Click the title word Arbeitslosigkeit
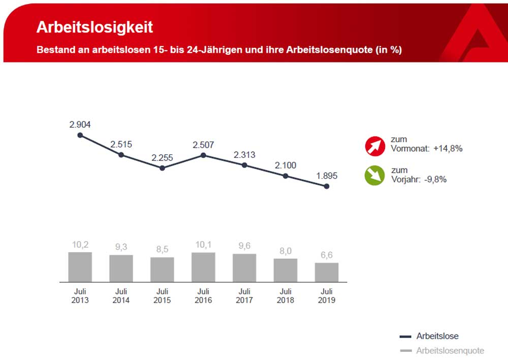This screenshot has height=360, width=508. click(95, 27)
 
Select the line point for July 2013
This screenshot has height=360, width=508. click(80, 135)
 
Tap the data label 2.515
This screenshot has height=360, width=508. click(121, 144)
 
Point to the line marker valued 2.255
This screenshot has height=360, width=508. click(162, 168)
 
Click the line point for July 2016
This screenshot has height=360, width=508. click(203, 155)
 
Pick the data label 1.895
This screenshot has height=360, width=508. click(326, 176)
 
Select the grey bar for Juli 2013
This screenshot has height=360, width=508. click(80, 267)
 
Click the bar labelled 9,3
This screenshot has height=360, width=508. click(121, 268)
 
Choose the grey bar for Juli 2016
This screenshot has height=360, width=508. click(203, 267)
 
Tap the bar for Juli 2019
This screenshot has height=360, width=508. click(326, 272)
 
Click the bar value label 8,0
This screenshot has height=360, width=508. click(285, 251)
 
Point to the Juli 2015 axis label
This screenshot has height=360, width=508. click(162, 296)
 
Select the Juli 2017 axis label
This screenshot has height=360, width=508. click(244, 296)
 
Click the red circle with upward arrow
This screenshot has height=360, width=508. click(375, 146)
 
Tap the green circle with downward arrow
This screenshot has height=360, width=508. click(375, 176)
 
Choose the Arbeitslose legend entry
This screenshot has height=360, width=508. click(437, 336)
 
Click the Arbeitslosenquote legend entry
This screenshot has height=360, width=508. click(450, 350)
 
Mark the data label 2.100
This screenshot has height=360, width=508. click(285, 166)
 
